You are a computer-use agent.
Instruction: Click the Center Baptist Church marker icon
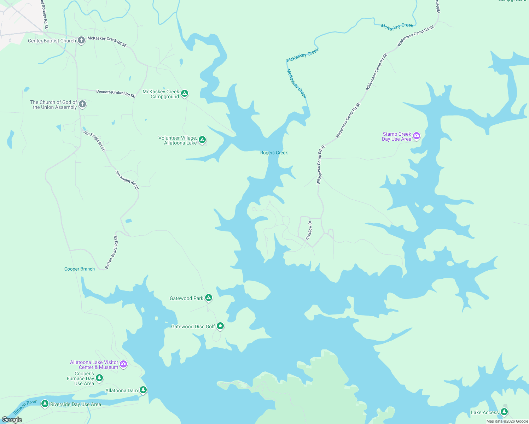(x=81, y=40)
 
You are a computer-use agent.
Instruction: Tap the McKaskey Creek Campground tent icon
(x=185, y=94)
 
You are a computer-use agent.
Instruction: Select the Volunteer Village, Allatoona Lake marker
(x=202, y=140)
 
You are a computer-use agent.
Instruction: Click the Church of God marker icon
(x=82, y=104)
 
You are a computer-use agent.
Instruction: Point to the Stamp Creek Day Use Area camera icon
(x=417, y=136)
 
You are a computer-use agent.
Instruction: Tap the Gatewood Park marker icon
(x=209, y=298)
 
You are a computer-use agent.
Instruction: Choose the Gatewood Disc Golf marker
(x=220, y=326)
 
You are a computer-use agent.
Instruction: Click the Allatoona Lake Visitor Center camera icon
(x=123, y=364)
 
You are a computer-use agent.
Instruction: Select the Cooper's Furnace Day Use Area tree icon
(x=100, y=378)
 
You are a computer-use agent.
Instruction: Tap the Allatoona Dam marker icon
(x=143, y=390)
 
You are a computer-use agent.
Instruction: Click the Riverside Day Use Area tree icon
(x=45, y=404)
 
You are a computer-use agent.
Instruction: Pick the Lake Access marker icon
(x=504, y=412)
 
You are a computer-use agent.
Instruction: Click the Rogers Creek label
(x=274, y=153)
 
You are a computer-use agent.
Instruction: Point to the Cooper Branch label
(x=80, y=269)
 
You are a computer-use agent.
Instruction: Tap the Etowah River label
(x=25, y=407)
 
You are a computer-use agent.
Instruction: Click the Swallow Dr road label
(x=309, y=230)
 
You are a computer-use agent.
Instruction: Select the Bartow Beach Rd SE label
(x=111, y=252)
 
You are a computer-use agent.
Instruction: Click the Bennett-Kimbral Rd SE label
(x=116, y=94)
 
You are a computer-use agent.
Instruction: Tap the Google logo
(x=12, y=420)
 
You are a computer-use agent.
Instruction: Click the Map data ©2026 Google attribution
(x=507, y=421)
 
